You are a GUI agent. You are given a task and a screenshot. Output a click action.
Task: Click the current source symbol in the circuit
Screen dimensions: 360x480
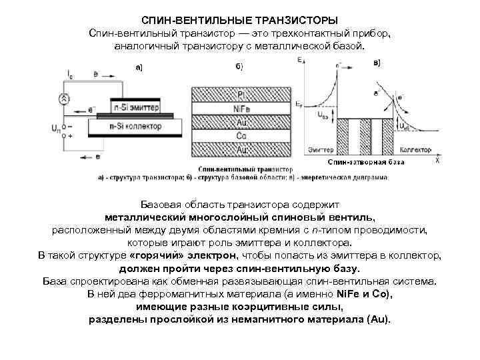(x=65, y=99)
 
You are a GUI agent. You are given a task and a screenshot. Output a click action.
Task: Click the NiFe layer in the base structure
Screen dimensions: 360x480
(x=242, y=109)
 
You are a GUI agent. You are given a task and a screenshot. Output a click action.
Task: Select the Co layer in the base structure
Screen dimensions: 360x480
(x=242, y=136)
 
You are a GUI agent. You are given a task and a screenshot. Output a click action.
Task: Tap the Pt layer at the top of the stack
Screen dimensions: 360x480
(x=242, y=95)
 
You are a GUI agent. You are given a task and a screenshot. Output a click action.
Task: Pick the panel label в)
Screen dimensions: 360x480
(x=377, y=63)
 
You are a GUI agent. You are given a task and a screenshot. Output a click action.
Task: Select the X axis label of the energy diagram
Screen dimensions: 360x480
(x=437, y=161)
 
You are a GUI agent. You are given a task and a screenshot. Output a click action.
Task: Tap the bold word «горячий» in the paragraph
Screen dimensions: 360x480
(x=153, y=255)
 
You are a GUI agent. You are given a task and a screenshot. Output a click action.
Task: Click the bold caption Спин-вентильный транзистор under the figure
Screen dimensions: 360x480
(x=241, y=170)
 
